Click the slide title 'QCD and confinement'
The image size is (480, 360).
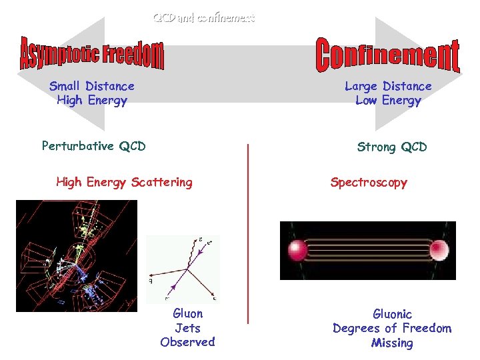[204, 18]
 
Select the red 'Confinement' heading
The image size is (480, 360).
[387, 56]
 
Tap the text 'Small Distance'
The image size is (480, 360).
[92, 86]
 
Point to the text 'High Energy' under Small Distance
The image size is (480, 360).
[92, 101]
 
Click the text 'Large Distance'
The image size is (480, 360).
[388, 86]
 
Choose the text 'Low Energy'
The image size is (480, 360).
[388, 101]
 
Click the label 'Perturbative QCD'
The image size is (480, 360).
[93, 146]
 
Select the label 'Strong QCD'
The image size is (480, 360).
[392, 147]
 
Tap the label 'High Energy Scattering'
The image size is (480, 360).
[124, 182]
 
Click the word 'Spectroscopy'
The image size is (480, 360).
[369, 182]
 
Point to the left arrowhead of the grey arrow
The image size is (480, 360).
[40, 73]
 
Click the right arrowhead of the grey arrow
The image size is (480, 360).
[440, 73]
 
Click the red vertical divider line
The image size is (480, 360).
[248, 233]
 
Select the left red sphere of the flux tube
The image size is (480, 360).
[297, 251]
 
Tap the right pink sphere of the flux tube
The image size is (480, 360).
[439, 251]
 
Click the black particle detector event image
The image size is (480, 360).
[76, 256]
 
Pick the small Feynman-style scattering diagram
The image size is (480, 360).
[182, 267]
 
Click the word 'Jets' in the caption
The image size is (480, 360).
[187, 328]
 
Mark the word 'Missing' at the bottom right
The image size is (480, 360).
[392, 343]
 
